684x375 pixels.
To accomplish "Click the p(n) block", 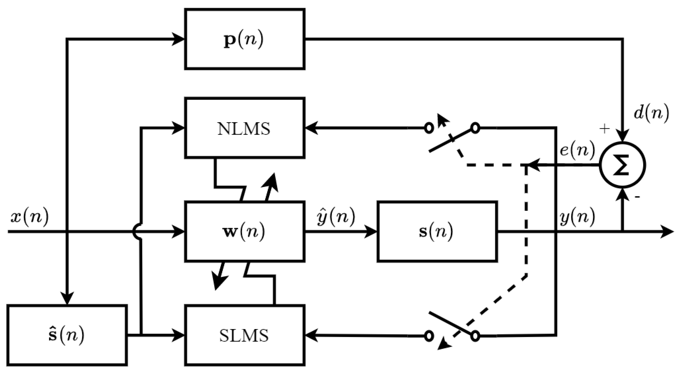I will [x=244, y=39].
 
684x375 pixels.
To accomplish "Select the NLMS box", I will [x=244, y=128].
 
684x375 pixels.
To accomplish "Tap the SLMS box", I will [x=244, y=335].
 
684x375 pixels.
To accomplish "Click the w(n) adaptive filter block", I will [x=244, y=232].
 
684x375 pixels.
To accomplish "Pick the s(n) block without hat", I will [x=437, y=232].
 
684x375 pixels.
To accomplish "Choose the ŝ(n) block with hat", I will [x=67, y=335].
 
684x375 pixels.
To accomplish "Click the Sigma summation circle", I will [x=622, y=165].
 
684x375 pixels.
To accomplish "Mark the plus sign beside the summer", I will [x=604, y=129].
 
